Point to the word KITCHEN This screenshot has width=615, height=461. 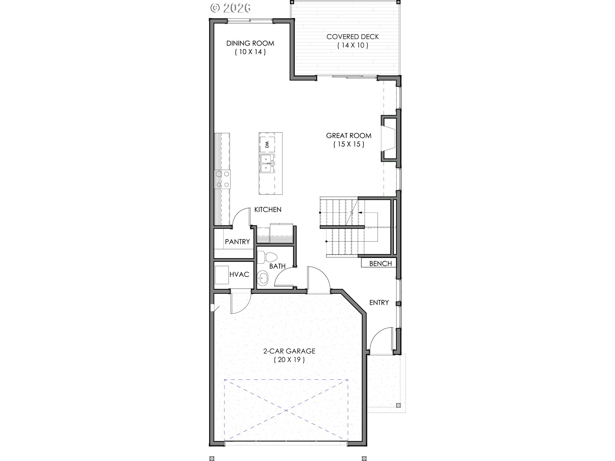tap(268, 210)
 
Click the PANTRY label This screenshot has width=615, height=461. tap(237, 242)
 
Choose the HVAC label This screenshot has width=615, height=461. tap(239, 275)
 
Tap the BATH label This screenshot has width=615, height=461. tap(277, 266)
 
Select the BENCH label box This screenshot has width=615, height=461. tap(379, 263)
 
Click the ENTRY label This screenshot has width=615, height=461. tap(379, 303)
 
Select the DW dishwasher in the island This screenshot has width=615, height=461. tap(267, 144)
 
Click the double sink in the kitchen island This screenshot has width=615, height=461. tap(267, 164)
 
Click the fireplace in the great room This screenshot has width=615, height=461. tap(389, 139)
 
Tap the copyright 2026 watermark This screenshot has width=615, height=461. tap(230, 8)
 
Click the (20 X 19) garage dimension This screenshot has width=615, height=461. tap(289, 360)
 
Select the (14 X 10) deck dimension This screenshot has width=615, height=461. tap(353, 45)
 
